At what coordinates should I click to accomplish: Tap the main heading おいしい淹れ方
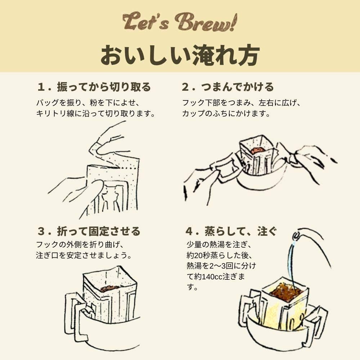click(180, 55)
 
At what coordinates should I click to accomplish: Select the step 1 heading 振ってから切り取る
click(94, 87)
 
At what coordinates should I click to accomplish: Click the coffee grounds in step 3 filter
click(110, 288)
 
